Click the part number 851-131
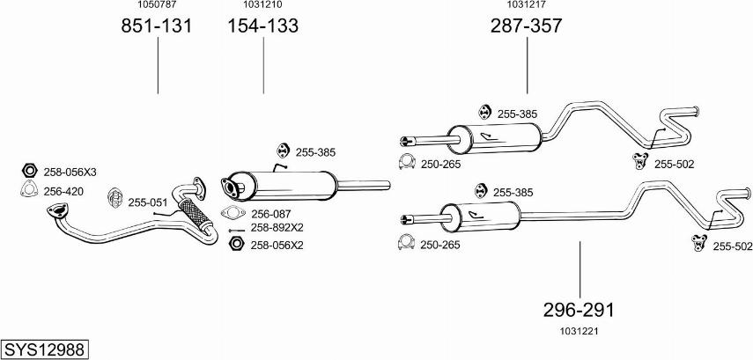[x=157, y=26]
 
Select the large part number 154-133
[x=263, y=26]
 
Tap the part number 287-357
[x=526, y=26]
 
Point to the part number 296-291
[x=579, y=310]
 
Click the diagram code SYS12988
[x=44, y=350]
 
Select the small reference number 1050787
[x=157, y=5]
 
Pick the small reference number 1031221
[x=578, y=330]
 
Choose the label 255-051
[x=147, y=202]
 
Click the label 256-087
[x=270, y=214]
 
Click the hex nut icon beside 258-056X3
[x=28, y=171]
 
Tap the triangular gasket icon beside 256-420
[x=28, y=189]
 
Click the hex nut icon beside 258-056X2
[x=234, y=245]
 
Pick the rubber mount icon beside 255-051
[x=114, y=198]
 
